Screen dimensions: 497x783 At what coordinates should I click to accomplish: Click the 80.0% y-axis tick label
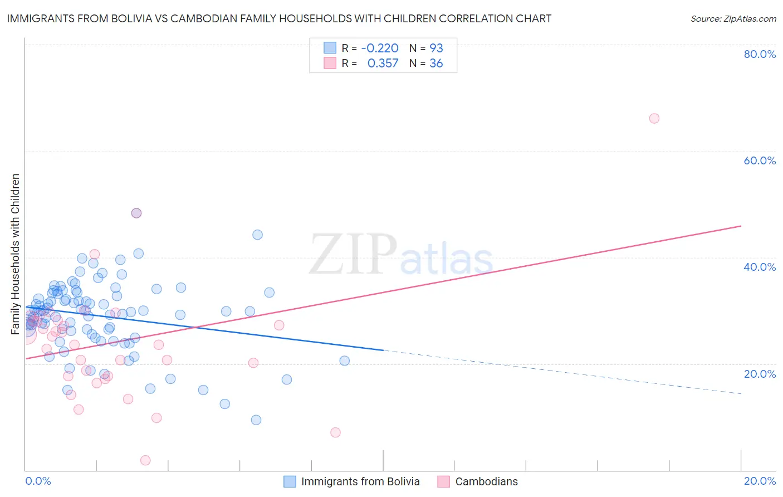coord(760,54)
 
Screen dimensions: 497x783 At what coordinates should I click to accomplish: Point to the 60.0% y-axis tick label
coord(760,160)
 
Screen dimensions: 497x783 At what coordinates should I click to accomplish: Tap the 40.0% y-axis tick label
coord(760,267)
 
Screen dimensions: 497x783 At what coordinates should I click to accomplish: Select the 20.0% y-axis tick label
coord(760,374)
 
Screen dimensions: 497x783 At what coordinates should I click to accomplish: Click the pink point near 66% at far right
coord(654,118)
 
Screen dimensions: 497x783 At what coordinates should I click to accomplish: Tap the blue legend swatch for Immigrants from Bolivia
coord(290,481)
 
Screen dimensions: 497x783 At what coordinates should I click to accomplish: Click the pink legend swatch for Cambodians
coord(443,481)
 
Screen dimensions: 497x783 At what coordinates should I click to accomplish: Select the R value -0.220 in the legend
coord(380,48)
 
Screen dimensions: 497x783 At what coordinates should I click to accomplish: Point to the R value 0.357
coord(383,64)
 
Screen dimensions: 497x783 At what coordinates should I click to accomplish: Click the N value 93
coord(436,48)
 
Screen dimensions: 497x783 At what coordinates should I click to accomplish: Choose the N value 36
coord(436,64)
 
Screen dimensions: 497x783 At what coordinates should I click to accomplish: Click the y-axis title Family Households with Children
coord(16,254)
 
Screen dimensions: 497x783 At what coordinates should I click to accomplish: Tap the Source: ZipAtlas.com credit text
coord(733,19)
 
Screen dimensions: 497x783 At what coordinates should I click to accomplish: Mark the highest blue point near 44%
coord(257,235)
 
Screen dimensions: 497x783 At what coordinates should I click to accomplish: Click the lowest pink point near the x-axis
coord(145,460)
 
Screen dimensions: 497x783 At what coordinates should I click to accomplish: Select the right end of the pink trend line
coord(741,226)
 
